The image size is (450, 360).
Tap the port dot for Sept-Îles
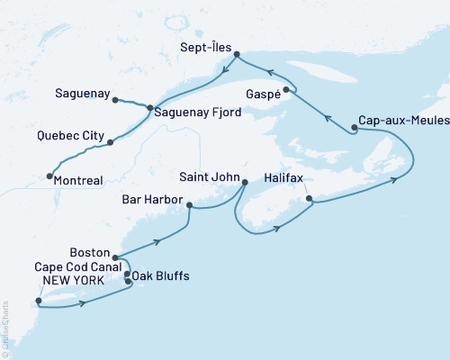tap(237, 55)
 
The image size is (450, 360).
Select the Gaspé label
tap(261, 94)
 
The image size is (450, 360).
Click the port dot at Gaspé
tap(286, 89)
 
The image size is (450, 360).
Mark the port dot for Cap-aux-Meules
tap(355, 128)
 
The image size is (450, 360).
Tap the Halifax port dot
tap(309, 198)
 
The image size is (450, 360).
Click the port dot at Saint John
tap(245, 183)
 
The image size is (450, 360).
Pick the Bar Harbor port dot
tap(189, 205)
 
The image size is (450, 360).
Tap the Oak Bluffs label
tap(161, 275)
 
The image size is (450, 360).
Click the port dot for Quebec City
tap(110, 142)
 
